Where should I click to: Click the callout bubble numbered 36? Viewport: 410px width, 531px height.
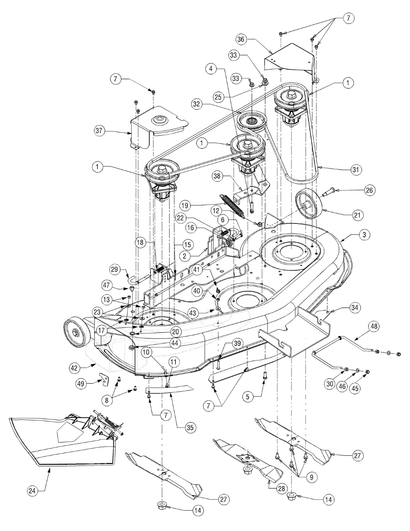[241, 39]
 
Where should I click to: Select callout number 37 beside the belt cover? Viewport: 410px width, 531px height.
[99, 131]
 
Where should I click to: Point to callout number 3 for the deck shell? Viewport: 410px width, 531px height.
[364, 235]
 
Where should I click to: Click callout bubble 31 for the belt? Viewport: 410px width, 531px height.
[356, 169]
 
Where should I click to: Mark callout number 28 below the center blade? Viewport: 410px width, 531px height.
[282, 488]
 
